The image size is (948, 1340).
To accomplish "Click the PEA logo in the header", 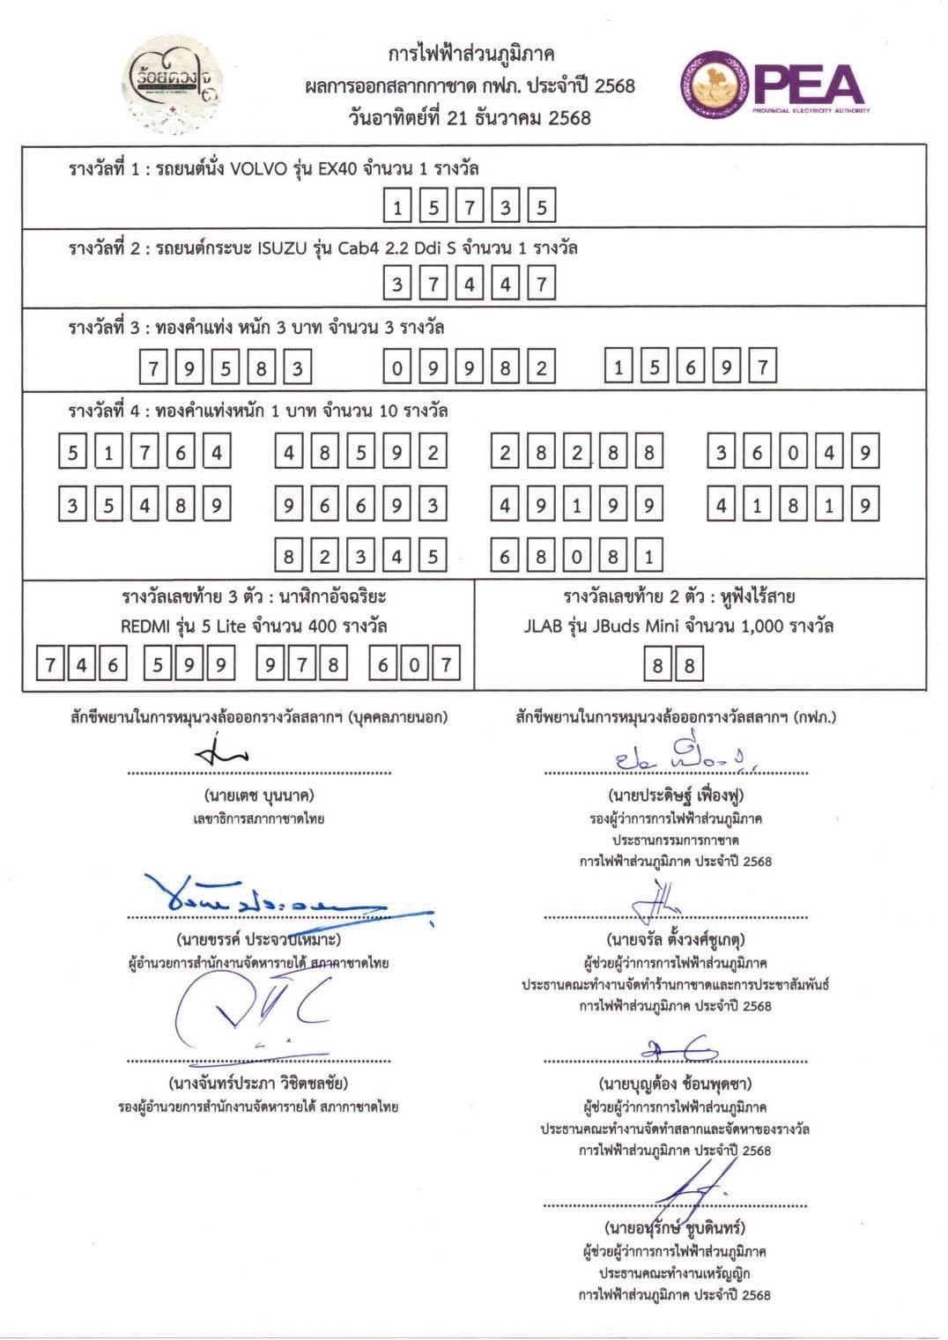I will tap(774, 86).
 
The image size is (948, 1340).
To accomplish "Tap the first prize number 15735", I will tap(469, 208).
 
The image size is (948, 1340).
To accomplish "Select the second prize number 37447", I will tap(469, 285).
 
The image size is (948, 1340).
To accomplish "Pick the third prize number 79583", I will tap(226, 367).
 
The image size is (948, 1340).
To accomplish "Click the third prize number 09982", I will tap(469, 367).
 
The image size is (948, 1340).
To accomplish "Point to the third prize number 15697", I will tap(691, 367).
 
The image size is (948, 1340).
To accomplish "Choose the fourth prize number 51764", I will tap(144, 453).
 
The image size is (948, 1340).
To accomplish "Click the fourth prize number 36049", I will tap(793, 453).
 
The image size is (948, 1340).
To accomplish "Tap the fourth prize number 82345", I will tap(360, 556).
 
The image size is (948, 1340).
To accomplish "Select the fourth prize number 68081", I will tap(576, 556).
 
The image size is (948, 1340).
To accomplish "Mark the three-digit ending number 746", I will tap(82, 665).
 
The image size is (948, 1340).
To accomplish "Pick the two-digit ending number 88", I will tap(674, 665).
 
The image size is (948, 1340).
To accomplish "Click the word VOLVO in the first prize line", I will tap(258, 169).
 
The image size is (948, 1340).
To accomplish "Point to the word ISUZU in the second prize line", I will tap(279, 248).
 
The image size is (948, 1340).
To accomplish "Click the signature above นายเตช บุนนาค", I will tap(222, 753).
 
